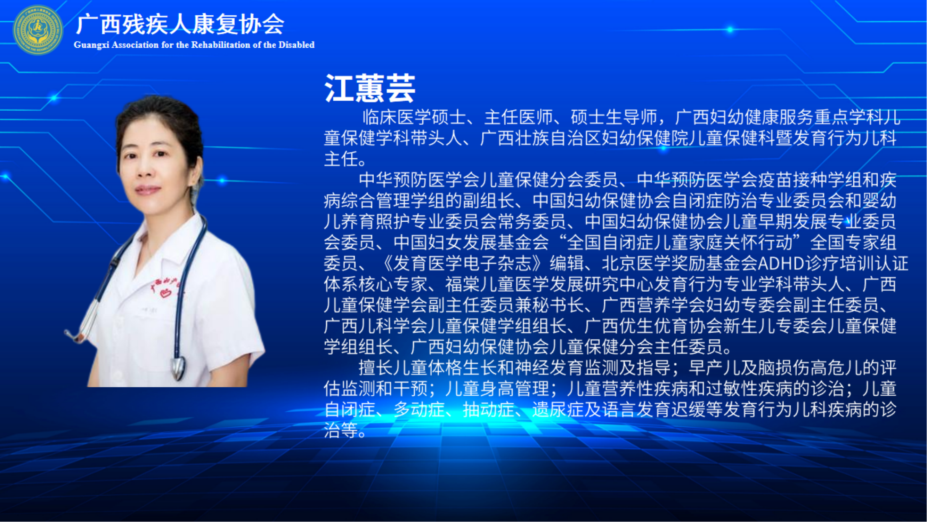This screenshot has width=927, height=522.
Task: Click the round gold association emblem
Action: coord(38,30)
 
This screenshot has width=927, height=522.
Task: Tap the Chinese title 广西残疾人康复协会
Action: coord(180,24)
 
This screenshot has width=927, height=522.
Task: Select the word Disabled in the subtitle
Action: coord(296,45)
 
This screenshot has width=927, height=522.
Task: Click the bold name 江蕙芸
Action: coord(370,88)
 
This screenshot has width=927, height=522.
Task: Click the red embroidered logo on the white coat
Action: coord(165,288)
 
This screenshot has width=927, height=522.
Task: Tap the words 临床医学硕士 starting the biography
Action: coord(414,117)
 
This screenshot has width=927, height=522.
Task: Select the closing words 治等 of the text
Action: coord(341,431)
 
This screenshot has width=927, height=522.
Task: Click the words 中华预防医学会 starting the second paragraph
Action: coord(419,180)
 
